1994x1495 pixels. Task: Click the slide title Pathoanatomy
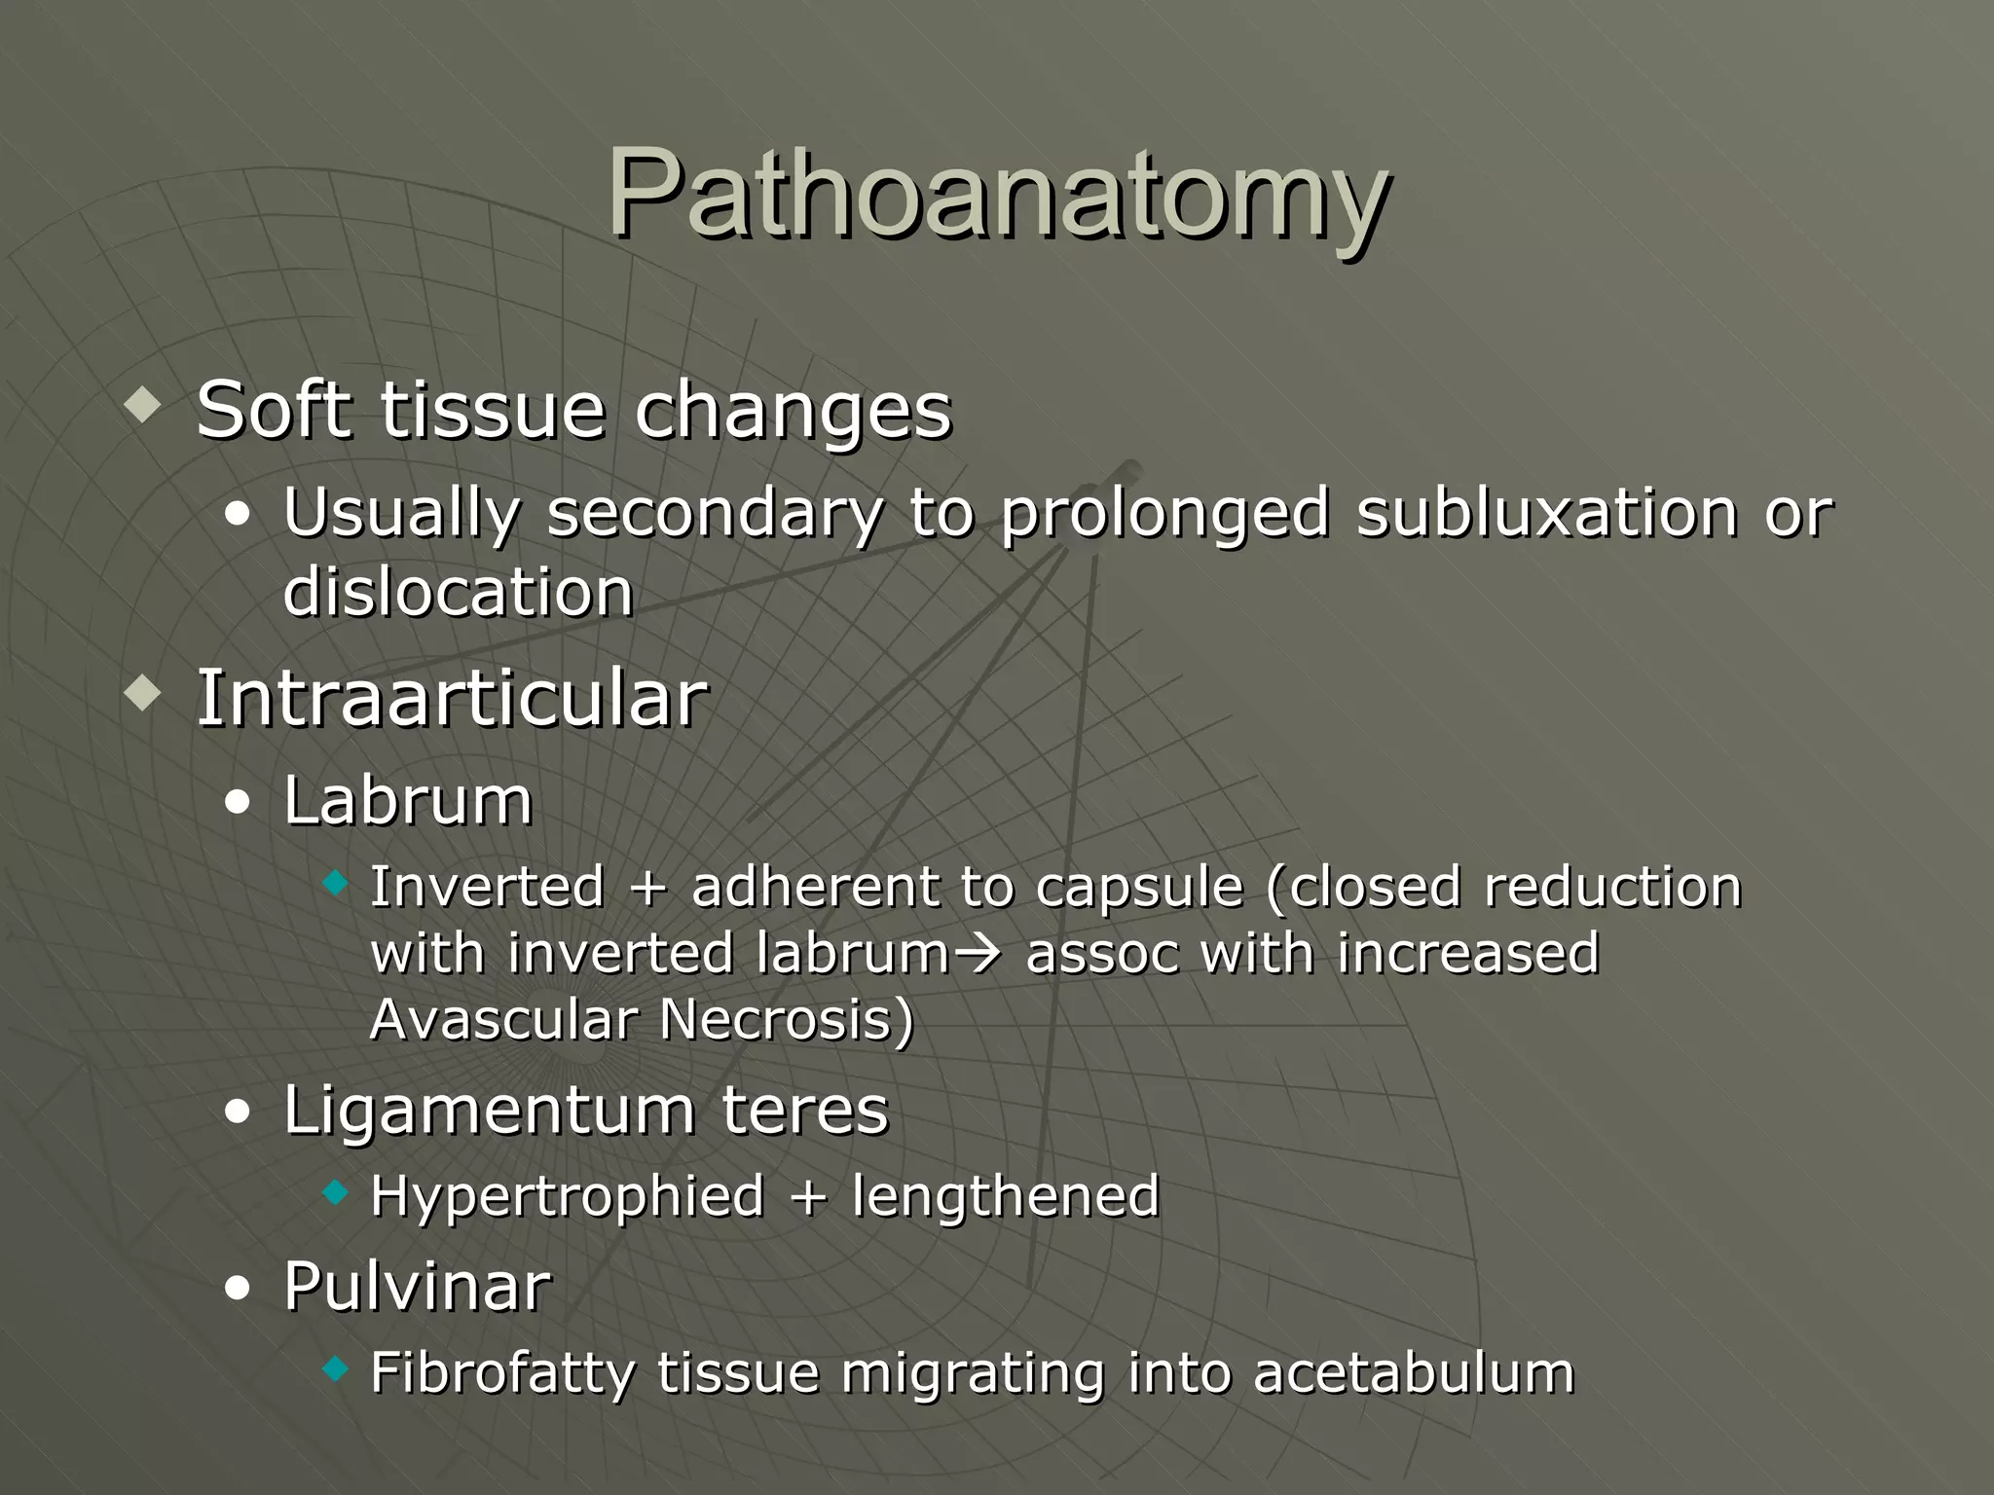(x=997, y=195)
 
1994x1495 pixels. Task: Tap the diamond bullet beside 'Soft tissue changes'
(x=142, y=405)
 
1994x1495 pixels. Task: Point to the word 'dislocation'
(x=458, y=593)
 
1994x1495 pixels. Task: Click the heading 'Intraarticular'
(x=452, y=698)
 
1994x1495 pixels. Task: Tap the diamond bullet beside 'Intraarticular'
(x=142, y=695)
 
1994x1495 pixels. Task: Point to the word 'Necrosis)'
(x=787, y=1020)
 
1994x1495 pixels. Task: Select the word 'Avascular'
(x=503, y=1020)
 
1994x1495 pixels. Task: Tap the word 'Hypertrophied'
(x=567, y=1196)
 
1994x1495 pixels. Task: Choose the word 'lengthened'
(x=1005, y=1196)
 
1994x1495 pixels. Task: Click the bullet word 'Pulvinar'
(x=417, y=1286)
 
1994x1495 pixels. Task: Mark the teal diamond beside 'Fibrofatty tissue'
(x=335, y=1369)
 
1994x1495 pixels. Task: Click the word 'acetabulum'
(x=1413, y=1373)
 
